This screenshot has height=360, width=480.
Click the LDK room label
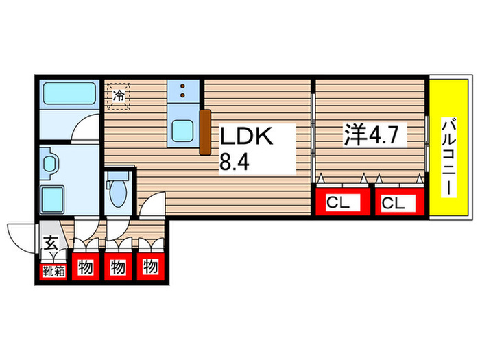(x=247, y=137)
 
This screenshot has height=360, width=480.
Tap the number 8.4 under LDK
(x=234, y=165)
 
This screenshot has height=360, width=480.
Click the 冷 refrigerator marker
(x=119, y=96)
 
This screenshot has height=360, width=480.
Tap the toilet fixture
(x=117, y=190)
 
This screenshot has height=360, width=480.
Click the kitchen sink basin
(x=184, y=130)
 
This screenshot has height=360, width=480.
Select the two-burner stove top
(x=184, y=91)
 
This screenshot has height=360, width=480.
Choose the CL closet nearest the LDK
(x=341, y=203)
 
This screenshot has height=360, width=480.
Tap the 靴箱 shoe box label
(x=52, y=269)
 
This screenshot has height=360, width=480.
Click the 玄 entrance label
(x=51, y=242)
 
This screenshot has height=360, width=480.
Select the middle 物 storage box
(x=118, y=267)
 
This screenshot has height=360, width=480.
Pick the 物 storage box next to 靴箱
(x=85, y=267)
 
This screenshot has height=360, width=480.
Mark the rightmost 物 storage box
(x=151, y=267)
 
